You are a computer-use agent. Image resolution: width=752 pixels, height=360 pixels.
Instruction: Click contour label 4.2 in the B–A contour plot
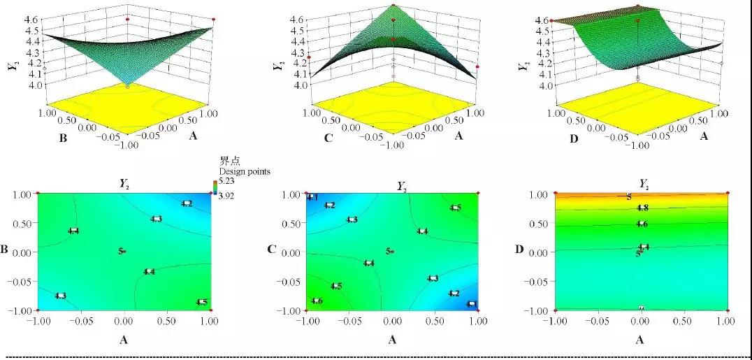tap(187, 203)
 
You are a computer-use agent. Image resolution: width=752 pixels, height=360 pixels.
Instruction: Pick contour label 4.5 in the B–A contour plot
tap(201, 302)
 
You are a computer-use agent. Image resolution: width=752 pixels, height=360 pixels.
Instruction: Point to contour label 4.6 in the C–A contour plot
tap(317, 301)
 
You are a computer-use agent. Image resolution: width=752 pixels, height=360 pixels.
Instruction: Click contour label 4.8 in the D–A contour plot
tap(643, 208)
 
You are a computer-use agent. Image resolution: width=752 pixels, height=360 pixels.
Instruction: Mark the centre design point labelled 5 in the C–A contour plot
tap(389, 251)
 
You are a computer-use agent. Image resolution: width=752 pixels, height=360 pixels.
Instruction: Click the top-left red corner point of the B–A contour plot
tap(38, 193)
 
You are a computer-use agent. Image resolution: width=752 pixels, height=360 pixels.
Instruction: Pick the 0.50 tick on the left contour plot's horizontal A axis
tap(166, 321)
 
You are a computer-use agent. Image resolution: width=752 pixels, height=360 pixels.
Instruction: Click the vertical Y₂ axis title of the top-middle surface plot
tap(277, 67)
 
